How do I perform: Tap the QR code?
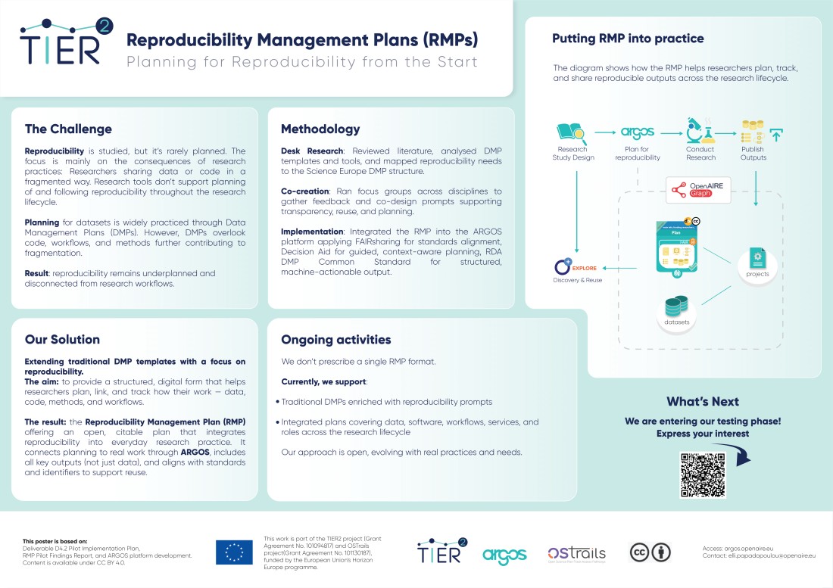click(x=703, y=474)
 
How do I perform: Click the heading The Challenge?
click(x=68, y=129)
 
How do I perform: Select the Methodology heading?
click(x=320, y=129)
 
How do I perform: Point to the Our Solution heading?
click(x=62, y=339)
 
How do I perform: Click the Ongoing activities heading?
click(x=335, y=339)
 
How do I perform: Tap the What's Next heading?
click(x=702, y=401)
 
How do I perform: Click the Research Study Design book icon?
click(x=572, y=132)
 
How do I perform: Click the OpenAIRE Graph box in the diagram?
click(x=697, y=191)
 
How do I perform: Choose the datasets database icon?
click(x=675, y=306)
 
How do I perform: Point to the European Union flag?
click(x=234, y=552)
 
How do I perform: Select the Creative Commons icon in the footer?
click(x=650, y=553)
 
